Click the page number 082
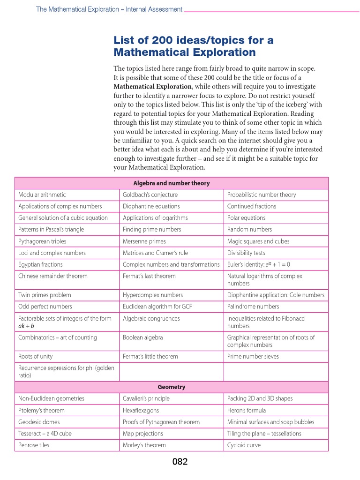coord(180,462)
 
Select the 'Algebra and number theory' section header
coord(172,183)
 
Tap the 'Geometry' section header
coord(172,387)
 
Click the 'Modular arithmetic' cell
coord(42,195)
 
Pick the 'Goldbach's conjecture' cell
coord(150,195)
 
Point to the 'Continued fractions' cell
coord(252,206)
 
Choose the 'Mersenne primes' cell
coord(144,241)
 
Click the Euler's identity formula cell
coord(259,264)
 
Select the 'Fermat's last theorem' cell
coord(149,276)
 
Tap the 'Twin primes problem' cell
coord(45,295)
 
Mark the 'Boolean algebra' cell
coord(143,337)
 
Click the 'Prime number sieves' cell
coord(253,356)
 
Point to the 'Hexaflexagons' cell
coord(141,410)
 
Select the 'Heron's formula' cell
coord(246,410)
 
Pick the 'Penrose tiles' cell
coord(34,445)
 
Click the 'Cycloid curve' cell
coord(244,445)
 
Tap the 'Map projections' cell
coord(143,434)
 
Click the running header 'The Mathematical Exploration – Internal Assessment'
coord(109,9)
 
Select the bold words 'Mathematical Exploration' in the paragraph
coord(153,87)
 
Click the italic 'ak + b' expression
coord(26,326)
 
